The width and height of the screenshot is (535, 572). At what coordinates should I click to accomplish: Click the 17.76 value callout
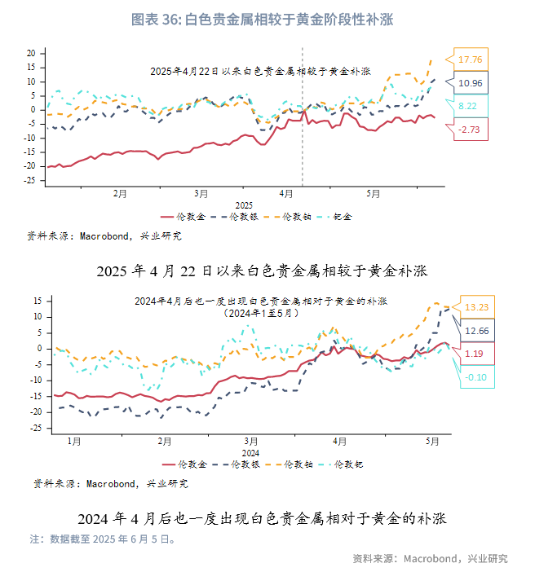click(x=471, y=59)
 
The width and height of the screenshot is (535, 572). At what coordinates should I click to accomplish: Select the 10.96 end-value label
click(x=471, y=83)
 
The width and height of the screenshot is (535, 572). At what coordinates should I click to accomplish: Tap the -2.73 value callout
click(x=471, y=130)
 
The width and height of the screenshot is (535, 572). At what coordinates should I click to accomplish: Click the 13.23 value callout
click(x=477, y=307)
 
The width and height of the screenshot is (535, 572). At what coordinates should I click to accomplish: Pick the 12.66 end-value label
click(x=477, y=331)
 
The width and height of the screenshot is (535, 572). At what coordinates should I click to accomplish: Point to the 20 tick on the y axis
click(x=30, y=54)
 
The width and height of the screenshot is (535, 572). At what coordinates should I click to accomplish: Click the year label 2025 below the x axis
click(x=245, y=205)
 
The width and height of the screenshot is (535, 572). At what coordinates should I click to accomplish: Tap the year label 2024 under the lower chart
click(x=250, y=453)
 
